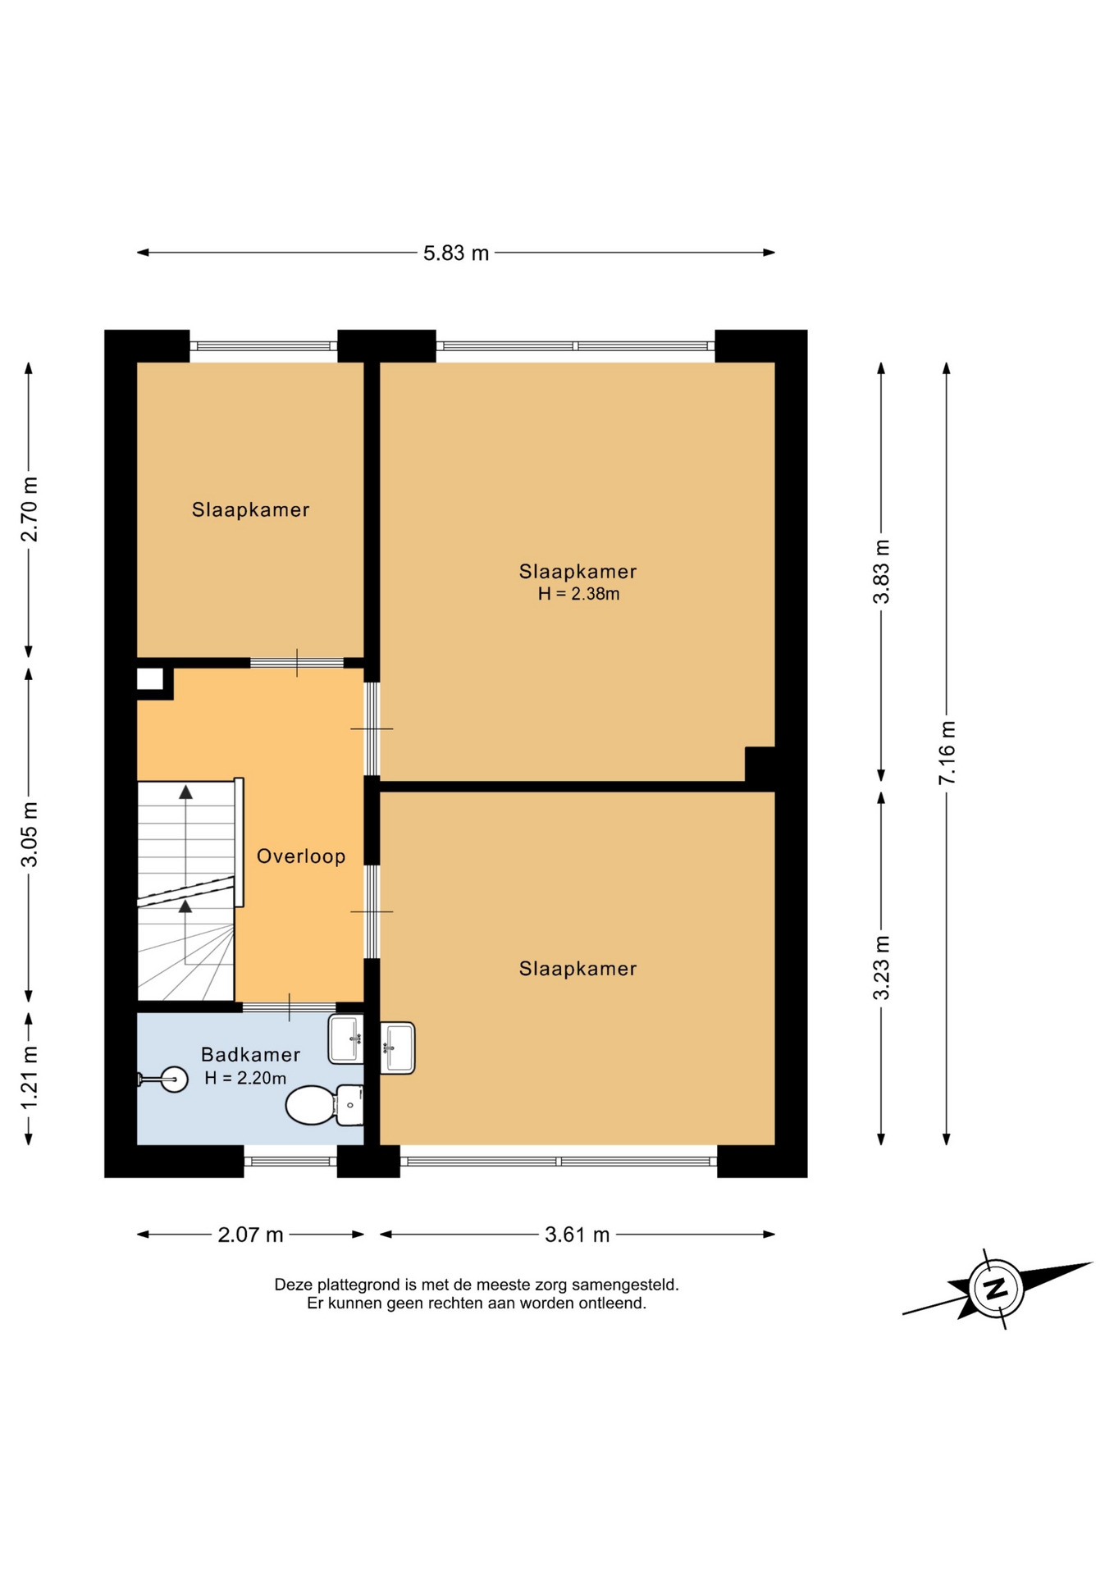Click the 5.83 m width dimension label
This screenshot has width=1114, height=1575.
(455, 253)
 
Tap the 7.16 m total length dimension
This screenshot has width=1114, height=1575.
(947, 752)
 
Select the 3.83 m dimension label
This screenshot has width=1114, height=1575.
(881, 571)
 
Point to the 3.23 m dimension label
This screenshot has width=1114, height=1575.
(881, 968)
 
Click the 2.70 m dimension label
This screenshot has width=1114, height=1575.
(29, 509)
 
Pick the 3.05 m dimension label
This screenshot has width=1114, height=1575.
(29, 834)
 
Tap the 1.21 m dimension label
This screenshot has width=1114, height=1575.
(29, 1078)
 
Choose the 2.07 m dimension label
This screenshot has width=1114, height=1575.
(250, 1235)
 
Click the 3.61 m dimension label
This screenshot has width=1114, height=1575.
(578, 1235)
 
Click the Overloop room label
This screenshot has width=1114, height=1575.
(301, 856)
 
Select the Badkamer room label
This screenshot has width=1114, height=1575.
(250, 1054)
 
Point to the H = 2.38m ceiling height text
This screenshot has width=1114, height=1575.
(578, 594)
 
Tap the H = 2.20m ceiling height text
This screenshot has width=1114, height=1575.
(245, 1078)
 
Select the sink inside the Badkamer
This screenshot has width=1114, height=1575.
(345, 1039)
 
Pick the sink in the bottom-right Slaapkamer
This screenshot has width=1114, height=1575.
(398, 1048)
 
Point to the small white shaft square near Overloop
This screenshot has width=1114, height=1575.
(149, 679)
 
